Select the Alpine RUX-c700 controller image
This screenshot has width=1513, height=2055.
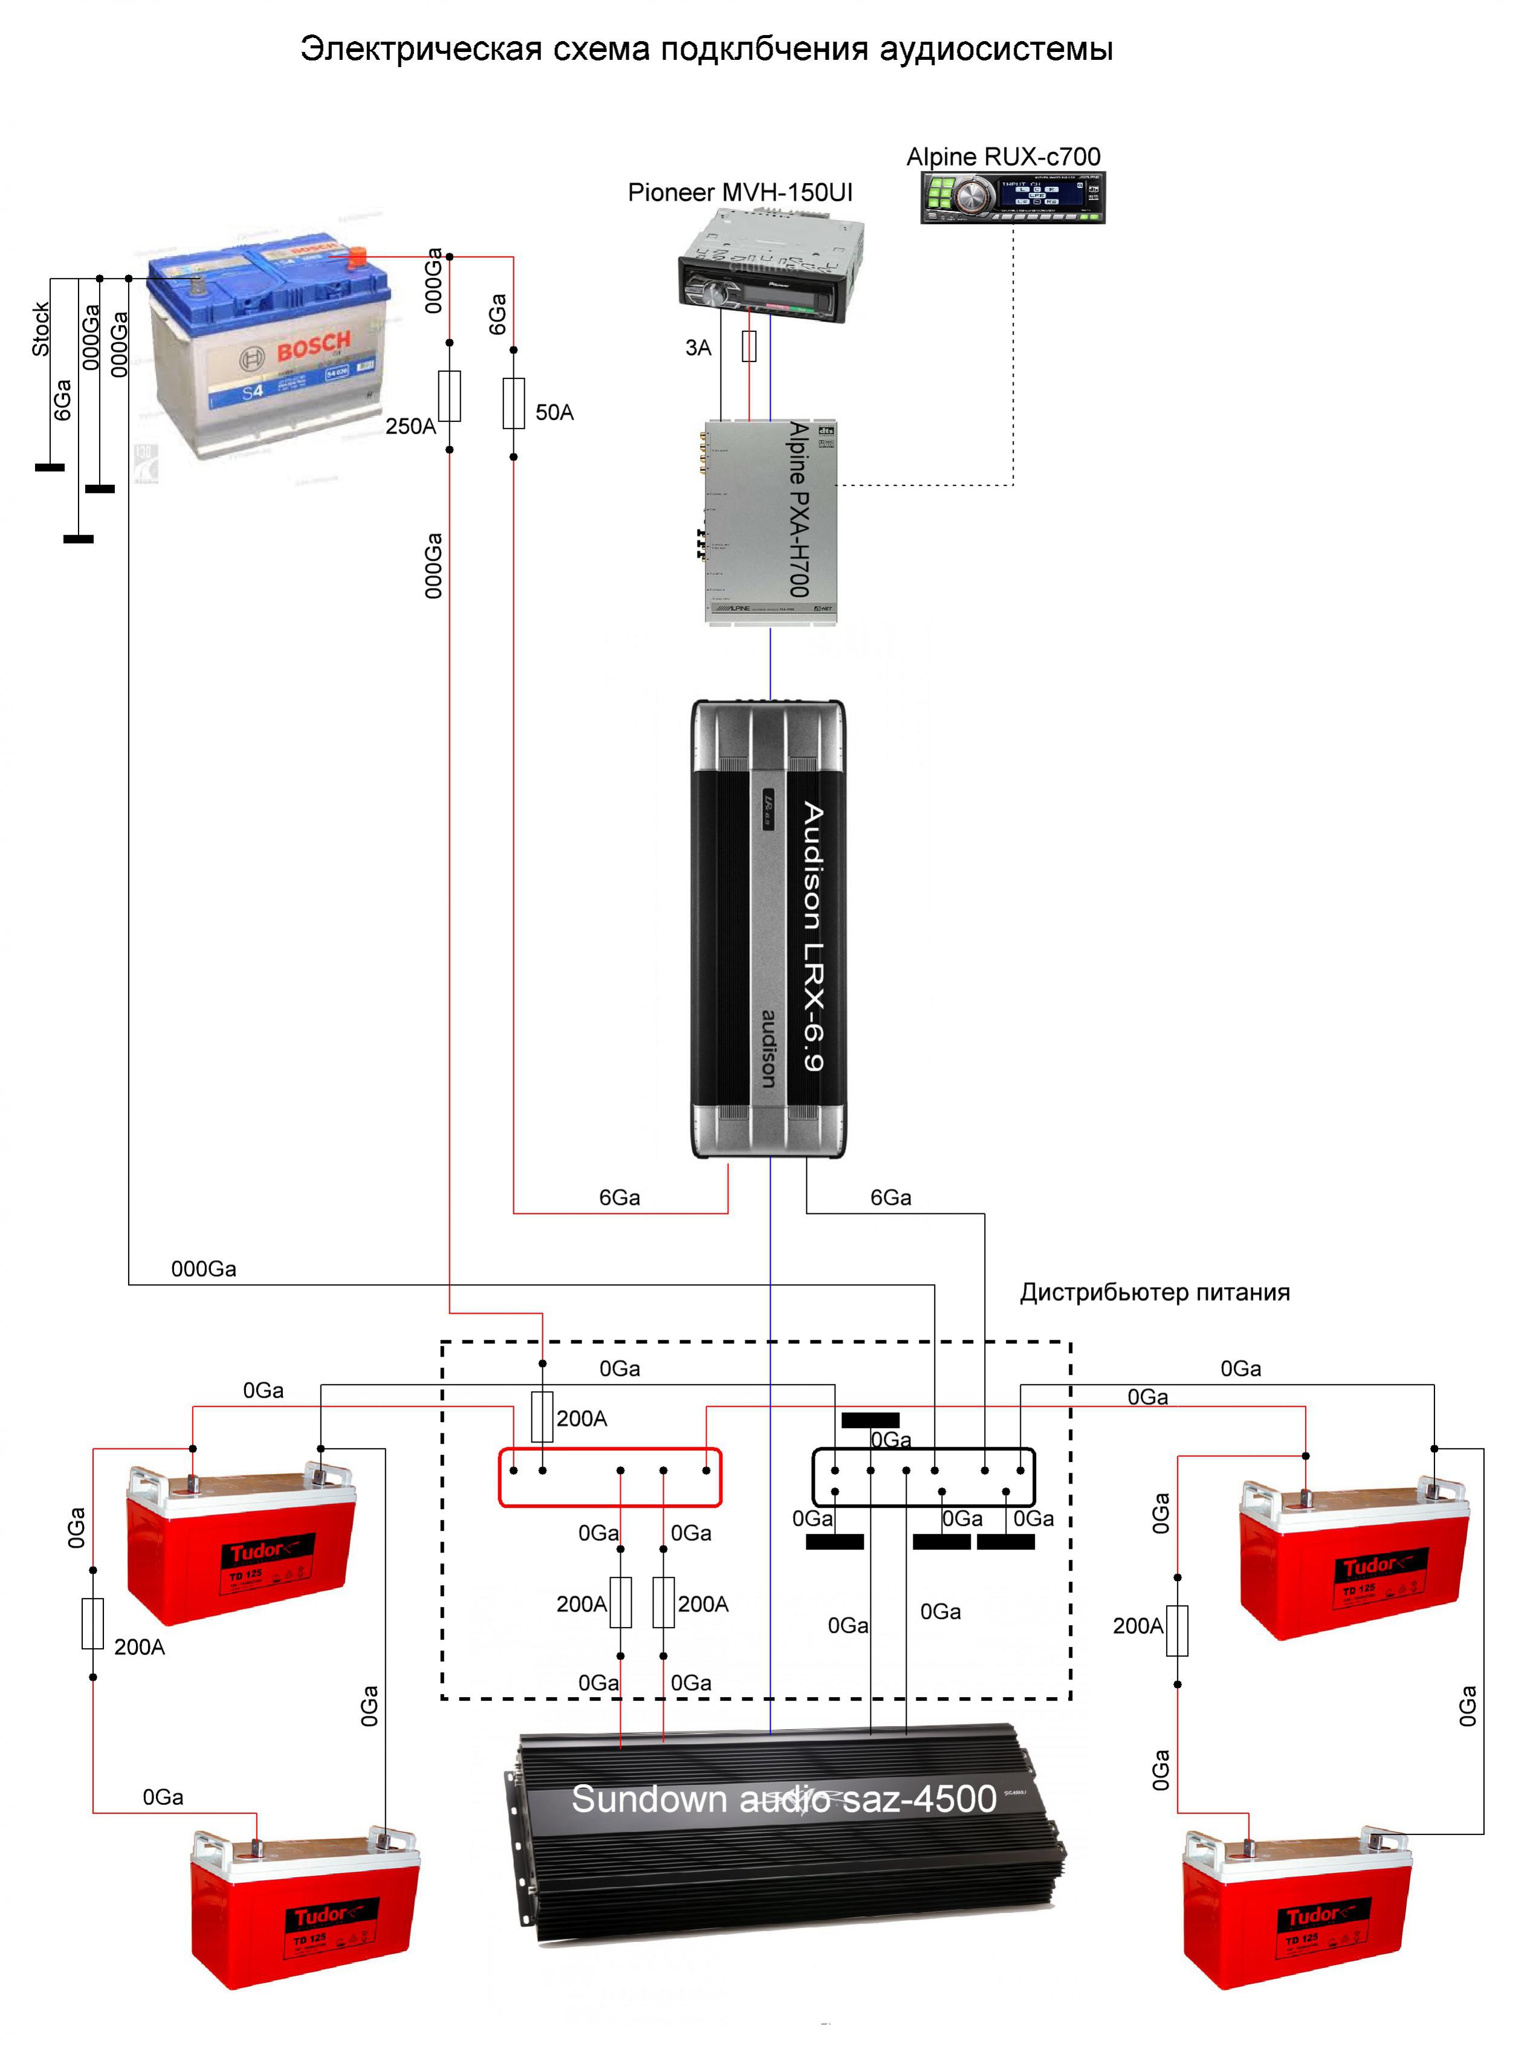tap(1012, 197)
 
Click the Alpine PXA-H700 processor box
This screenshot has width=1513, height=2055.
tap(770, 522)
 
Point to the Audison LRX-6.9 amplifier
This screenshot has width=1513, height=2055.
tap(768, 929)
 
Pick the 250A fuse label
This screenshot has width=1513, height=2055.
tap(409, 427)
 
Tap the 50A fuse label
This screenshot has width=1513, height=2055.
tap(554, 413)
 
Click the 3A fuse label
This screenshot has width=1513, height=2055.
tap(698, 348)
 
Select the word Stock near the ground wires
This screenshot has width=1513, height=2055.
tap(40, 329)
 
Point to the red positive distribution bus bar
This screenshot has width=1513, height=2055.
tap(610, 1477)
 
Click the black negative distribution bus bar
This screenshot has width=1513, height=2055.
tap(923, 1477)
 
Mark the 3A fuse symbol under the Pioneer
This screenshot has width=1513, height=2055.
tap(749, 346)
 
